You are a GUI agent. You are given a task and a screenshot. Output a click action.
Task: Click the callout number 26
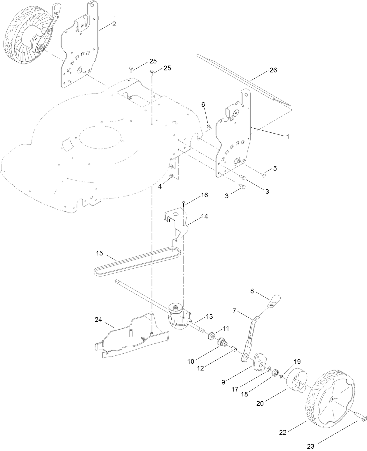273,70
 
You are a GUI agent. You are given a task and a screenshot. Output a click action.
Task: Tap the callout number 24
98,320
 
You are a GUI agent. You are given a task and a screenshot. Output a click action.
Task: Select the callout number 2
114,24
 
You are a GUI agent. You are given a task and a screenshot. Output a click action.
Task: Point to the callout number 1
287,136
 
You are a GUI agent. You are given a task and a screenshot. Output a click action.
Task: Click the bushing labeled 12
234,349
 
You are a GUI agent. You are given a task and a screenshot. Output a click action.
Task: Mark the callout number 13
209,316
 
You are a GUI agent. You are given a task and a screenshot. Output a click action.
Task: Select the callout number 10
191,361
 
